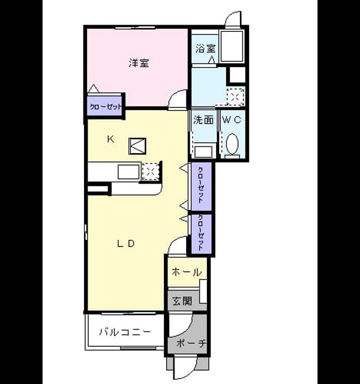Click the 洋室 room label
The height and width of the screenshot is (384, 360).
point(139,63)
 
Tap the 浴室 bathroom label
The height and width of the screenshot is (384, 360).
point(205,48)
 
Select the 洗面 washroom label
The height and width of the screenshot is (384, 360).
point(203,120)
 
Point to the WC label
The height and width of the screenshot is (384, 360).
point(232,120)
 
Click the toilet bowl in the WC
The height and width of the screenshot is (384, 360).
point(232,144)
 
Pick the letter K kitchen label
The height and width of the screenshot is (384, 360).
point(110,139)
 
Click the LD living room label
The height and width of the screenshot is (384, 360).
point(126,244)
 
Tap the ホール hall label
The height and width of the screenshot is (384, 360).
point(187,272)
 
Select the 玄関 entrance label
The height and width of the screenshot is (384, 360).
point(182,301)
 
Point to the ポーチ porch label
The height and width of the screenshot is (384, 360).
point(191,343)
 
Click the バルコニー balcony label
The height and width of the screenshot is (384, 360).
point(125,332)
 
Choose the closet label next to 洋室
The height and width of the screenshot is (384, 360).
point(106,107)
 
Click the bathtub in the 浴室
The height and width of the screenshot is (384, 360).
point(232,46)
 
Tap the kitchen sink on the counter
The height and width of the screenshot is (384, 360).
point(128,172)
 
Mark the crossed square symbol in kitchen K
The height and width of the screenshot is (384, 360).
point(137,146)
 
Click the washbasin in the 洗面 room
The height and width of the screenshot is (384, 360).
point(203,152)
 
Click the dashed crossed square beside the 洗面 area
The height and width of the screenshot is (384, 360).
point(236,97)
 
